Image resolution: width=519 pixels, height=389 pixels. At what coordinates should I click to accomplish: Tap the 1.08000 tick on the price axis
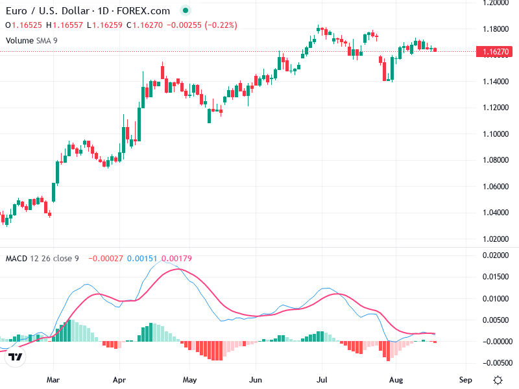click(x=492, y=160)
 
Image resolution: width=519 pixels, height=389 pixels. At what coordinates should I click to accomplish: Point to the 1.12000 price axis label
click(x=492, y=108)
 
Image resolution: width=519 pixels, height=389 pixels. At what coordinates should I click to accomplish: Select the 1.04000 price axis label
click(x=492, y=213)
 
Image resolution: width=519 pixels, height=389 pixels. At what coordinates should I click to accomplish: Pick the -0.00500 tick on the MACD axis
click(x=492, y=362)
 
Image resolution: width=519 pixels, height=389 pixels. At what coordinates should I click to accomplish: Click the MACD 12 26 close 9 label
click(x=42, y=259)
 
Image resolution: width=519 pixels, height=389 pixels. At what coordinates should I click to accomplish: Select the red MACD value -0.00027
click(x=104, y=259)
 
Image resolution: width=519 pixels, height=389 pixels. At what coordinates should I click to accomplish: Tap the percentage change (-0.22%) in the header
click(x=221, y=25)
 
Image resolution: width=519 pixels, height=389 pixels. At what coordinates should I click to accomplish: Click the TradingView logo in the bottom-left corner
click(x=16, y=357)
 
